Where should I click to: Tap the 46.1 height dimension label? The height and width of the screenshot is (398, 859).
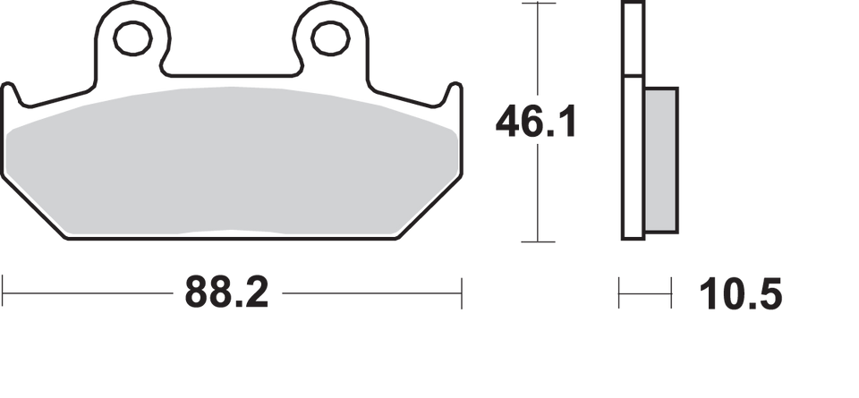click(x=535, y=122)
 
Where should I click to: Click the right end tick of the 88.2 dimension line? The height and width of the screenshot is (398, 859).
click(x=462, y=292)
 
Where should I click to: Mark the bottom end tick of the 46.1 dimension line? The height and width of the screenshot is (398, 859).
click(x=535, y=242)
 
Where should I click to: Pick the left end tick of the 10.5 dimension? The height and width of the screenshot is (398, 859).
click(x=619, y=292)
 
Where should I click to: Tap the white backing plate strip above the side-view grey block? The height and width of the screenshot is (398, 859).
click(x=632, y=40)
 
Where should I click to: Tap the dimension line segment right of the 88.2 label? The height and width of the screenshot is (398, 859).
click(x=367, y=292)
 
